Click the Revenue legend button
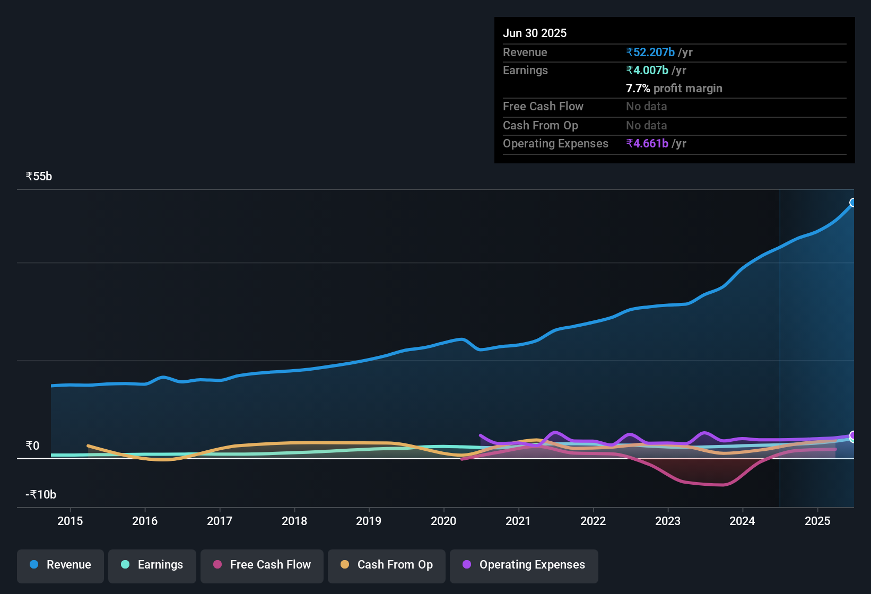coord(60,565)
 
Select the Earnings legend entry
coord(152,565)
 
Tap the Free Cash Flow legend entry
coord(262,565)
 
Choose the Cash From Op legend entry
coord(387,565)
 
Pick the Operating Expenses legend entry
coord(524,565)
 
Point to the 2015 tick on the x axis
coord(70,521)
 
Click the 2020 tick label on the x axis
coord(443,521)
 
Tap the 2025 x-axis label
coord(817,521)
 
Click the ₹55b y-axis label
coord(39,177)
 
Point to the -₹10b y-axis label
coord(41,495)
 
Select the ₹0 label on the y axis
coord(32,446)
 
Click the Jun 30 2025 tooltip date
coord(535,33)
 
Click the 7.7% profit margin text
coord(674,89)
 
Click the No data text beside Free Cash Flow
coord(646,107)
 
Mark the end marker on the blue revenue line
coord(853,203)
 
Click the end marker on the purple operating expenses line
coord(853,436)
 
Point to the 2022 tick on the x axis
coord(593,521)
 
